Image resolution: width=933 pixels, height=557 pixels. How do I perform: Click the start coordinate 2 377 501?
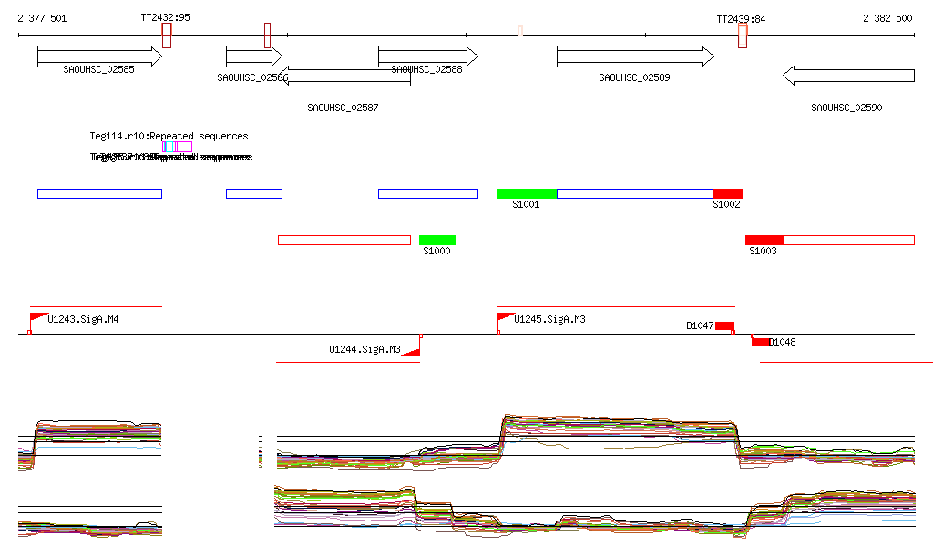tap(42, 18)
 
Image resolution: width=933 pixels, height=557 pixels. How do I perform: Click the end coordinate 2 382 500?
tap(887, 18)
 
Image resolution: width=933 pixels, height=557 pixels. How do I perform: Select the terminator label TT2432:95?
tap(166, 18)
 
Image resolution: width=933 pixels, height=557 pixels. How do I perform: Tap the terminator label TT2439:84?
tap(741, 18)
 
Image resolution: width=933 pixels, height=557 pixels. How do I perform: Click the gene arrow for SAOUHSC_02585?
tap(98, 57)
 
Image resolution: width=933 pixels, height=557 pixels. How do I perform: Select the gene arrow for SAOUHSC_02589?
tap(635, 57)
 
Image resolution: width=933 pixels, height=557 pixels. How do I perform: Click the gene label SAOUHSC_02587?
tap(343, 108)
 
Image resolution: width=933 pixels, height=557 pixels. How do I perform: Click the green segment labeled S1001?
tap(527, 193)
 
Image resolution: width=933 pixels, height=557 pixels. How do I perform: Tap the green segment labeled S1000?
tap(437, 240)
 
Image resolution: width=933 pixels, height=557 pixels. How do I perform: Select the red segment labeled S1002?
tap(727, 193)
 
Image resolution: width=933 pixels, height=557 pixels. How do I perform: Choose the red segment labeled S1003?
tap(764, 240)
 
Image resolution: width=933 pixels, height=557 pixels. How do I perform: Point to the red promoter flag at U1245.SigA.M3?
tap(505, 317)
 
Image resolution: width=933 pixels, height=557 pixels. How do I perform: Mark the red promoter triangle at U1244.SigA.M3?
tap(413, 349)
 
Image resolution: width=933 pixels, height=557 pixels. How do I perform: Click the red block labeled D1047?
tap(724, 325)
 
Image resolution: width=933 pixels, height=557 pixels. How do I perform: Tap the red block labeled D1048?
tap(760, 342)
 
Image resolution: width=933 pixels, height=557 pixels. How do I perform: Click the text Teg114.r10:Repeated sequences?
tap(169, 136)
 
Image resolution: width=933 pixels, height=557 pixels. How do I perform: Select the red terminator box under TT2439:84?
tap(743, 36)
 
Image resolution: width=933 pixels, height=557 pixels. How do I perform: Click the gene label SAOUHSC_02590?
tap(846, 108)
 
